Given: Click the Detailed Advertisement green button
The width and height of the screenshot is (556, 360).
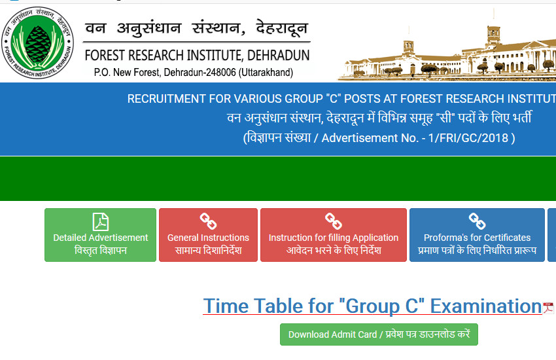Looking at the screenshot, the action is point(100,235).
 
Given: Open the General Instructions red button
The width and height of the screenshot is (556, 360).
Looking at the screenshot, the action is point(208,235).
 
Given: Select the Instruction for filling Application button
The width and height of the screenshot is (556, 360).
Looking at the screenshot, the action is point(334,235).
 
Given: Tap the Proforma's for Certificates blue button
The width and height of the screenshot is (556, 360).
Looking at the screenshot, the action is point(477,235).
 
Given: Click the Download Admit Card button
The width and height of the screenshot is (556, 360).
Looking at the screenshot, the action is point(379,334).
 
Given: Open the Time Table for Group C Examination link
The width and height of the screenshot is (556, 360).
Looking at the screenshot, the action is point(372,306).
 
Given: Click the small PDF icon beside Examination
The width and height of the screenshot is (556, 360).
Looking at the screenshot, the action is point(549,308).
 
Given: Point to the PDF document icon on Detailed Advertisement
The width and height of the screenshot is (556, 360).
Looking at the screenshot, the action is point(100,222).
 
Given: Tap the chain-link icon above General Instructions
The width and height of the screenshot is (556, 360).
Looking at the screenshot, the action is point(208,221).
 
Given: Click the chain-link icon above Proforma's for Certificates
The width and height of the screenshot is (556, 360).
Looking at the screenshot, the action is point(477,221).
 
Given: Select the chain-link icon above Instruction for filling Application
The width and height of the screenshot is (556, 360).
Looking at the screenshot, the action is point(334,221).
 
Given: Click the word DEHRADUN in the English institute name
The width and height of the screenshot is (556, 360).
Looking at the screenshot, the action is point(279,56).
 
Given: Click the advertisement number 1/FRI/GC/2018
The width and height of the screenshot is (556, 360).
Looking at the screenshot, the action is point(468,137).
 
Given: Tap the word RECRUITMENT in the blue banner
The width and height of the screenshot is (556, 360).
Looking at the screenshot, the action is point(167,99).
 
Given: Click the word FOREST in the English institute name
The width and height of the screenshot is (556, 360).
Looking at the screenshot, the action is point(105,56).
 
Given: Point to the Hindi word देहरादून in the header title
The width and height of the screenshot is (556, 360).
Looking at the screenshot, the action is point(282,28).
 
